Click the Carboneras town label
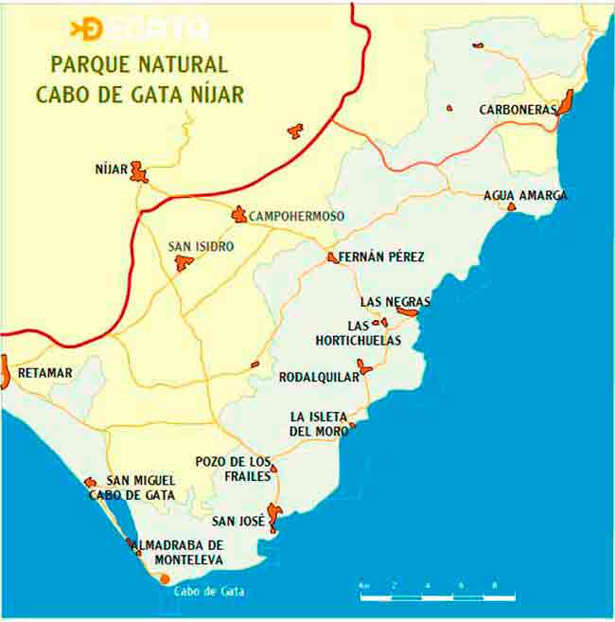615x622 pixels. (x=518, y=110)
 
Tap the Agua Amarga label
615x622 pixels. (x=525, y=195)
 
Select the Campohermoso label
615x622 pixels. (x=296, y=217)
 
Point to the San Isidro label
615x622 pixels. (x=201, y=246)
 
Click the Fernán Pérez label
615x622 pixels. (x=381, y=257)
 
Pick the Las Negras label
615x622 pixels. (x=395, y=302)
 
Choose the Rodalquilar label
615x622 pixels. (x=319, y=377)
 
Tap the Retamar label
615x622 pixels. (x=45, y=373)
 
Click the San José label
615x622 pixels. (x=237, y=521)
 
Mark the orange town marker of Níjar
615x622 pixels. (x=139, y=171)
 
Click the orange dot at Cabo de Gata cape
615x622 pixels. (x=165, y=578)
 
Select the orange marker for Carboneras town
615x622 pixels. (x=566, y=101)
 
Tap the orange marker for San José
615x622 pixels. (x=273, y=516)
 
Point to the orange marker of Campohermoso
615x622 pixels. (x=239, y=215)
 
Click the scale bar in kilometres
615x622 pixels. (x=437, y=596)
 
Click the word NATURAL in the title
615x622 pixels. (x=180, y=65)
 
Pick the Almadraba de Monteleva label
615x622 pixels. (x=179, y=552)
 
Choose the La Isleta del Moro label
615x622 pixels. (x=319, y=424)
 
